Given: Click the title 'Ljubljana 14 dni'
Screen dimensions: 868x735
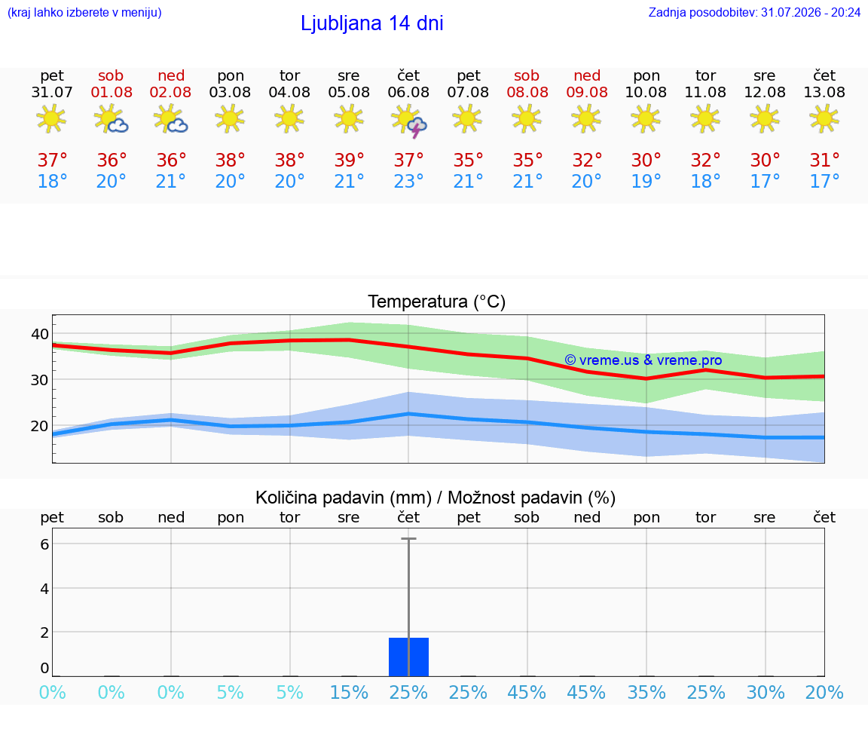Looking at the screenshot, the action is [372, 23].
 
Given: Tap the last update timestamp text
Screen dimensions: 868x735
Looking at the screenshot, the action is [754, 12].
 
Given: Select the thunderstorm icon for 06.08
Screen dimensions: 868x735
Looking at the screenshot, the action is [409, 121].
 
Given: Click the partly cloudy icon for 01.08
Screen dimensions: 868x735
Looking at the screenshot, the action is [112, 119].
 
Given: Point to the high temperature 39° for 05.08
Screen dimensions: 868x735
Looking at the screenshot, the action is [350, 160].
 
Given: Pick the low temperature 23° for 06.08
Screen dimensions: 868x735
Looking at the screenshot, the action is [408, 181].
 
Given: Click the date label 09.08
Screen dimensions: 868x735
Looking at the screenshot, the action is [587, 93].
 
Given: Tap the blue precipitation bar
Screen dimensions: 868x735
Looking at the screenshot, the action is [408, 657].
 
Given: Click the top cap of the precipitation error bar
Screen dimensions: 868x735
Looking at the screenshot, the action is [408, 538].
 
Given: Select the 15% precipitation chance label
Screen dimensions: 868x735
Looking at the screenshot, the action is [350, 692].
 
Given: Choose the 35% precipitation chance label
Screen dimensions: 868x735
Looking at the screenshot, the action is [646, 692].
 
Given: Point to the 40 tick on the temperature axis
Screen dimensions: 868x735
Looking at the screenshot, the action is [40, 334].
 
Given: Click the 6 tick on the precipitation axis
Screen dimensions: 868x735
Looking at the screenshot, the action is [45, 544].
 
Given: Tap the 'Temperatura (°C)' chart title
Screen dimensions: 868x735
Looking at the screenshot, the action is [437, 302].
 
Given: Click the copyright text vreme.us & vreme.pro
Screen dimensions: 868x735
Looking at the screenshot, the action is [643, 360].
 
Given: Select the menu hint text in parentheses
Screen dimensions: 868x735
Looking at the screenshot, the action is [84, 12].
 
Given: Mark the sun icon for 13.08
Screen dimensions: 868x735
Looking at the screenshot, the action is [824, 118].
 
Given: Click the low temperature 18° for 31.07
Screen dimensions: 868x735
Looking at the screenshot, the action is [52, 181].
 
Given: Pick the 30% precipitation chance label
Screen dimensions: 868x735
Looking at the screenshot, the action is [766, 692].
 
